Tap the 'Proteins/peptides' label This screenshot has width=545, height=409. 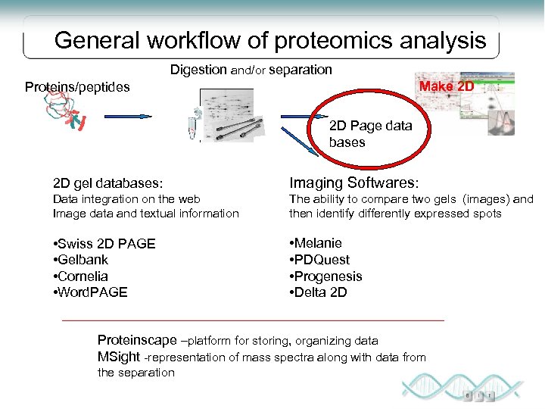click(x=77, y=87)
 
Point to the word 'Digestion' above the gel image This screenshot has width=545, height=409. click(x=198, y=70)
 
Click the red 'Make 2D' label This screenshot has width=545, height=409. click(x=447, y=86)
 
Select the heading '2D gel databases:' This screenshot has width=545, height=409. click(x=108, y=183)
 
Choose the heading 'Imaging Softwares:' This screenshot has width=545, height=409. click(x=353, y=183)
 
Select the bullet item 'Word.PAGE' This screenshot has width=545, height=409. click(x=91, y=292)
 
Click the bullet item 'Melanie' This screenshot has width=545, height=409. click(x=316, y=243)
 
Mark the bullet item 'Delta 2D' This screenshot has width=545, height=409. click(x=319, y=292)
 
